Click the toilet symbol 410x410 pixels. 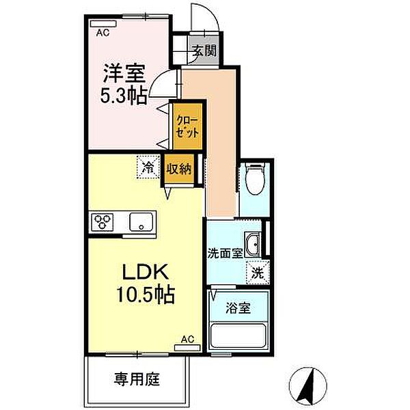[x=255, y=178]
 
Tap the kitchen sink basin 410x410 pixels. [x=141, y=222]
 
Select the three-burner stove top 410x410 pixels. [x=102, y=222]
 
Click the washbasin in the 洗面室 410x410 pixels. [x=252, y=245]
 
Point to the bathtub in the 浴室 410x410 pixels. [x=238, y=336]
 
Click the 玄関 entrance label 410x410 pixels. [x=205, y=51]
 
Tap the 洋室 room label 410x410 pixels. [x=124, y=73]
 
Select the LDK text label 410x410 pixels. [x=146, y=272]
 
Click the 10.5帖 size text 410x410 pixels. [x=146, y=295]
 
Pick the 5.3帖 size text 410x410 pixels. [x=124, y=96]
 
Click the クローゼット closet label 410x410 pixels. [x=187, y=127]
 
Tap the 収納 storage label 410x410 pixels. [x=179, y=169]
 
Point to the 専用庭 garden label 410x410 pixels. [x=137, y=379]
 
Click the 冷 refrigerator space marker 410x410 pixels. [x=148, y=167]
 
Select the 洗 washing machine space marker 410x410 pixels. [x=258, y=273]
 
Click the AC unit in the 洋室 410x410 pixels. [x=103, y=24]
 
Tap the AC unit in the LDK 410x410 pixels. [x=187, y=348]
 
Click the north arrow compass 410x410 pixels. [x=308, y=386]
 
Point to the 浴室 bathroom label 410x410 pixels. [x=238, y=308]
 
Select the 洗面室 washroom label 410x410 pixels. [x=225, y=253]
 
